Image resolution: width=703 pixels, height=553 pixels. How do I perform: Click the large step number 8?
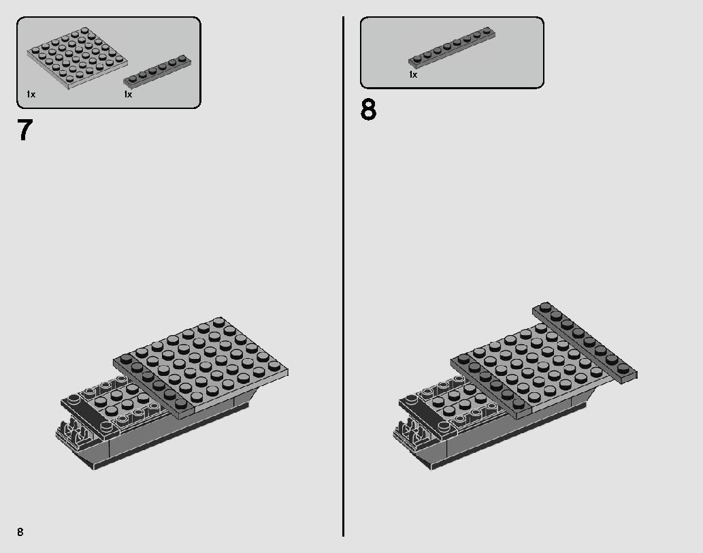[x=368, y=110]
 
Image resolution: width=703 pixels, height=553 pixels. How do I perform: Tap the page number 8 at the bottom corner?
[x=21, y=531]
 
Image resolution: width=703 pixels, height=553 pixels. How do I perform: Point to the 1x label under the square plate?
[x=31, y=94]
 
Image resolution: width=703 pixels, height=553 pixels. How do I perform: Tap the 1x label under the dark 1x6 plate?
[x=128, y=94]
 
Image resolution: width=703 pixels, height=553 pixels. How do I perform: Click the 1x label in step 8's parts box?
[x=413, y=75]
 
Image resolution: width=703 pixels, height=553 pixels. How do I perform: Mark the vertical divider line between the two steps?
[x=343, y=272]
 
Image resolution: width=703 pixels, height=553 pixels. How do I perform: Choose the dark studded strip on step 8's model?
[x=491, y=385]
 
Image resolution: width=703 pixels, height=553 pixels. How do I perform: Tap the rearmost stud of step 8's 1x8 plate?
[x=546, y=308]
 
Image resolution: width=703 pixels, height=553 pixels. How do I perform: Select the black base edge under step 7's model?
[x=170, y=443]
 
